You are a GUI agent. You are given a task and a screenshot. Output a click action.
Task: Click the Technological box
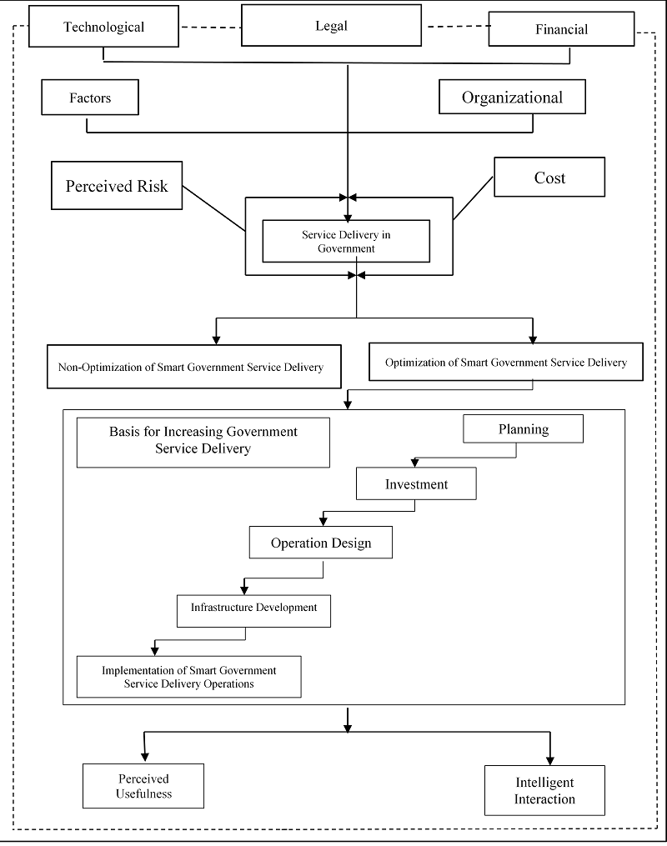coord(103,27)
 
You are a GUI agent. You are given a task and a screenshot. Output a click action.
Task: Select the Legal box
coord(331,25)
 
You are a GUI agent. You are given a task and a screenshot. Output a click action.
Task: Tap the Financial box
coord(561,29)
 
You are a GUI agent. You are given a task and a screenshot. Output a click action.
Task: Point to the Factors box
coord(90,98)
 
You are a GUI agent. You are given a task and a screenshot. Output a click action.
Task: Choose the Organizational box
coord(512,97)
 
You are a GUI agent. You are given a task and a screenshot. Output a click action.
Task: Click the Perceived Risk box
coord(117,186)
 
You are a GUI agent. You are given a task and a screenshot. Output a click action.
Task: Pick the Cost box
coord(549,177)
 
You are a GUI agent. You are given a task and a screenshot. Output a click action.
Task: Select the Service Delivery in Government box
coord(346,241)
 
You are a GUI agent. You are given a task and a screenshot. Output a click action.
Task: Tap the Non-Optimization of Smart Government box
coord(194,367)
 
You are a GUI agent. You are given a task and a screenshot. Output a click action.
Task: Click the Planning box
coord(523,429)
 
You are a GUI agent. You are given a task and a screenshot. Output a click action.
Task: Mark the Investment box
coord(416,483)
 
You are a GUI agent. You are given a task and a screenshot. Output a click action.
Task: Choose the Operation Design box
coord(320,543)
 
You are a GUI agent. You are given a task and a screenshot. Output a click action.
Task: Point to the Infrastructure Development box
coord(253,611)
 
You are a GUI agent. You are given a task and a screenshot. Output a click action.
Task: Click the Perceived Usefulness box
coord(143,785)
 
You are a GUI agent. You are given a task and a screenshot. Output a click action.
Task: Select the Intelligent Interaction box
coord(544,790)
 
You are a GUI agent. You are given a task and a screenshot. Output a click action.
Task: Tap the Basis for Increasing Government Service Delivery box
coord(203,443)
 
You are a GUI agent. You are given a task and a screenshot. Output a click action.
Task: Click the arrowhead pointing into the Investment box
coord(414,463)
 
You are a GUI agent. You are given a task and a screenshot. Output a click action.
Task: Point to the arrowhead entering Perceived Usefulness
coord(144,757)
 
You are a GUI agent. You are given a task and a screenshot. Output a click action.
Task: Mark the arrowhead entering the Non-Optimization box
coord(216,339)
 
